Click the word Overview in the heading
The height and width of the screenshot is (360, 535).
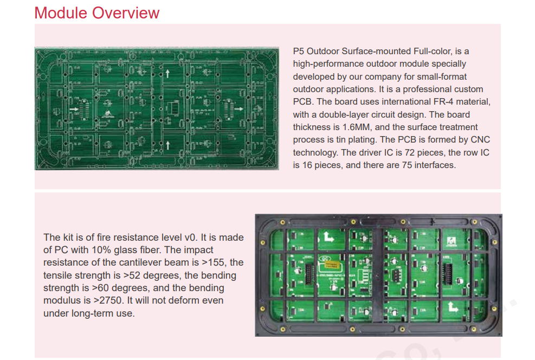pos(126,13)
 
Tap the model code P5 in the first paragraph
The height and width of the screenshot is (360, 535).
pos(299,51)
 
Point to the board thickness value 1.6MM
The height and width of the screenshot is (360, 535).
pos(356,127)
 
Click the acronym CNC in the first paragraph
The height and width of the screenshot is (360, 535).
pos(480,139)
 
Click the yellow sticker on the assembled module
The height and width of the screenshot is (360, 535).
pos(332,265)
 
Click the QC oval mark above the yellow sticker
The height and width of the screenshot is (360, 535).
pos(324,259)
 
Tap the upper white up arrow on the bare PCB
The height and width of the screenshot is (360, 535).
pos(167,73)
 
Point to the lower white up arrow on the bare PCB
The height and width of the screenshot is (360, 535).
pos(167,145)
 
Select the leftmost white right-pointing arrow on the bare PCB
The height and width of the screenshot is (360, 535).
pos(74,109)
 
